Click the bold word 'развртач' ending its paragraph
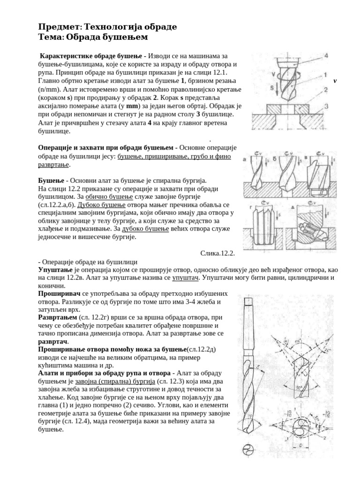(x=52, y=342)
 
